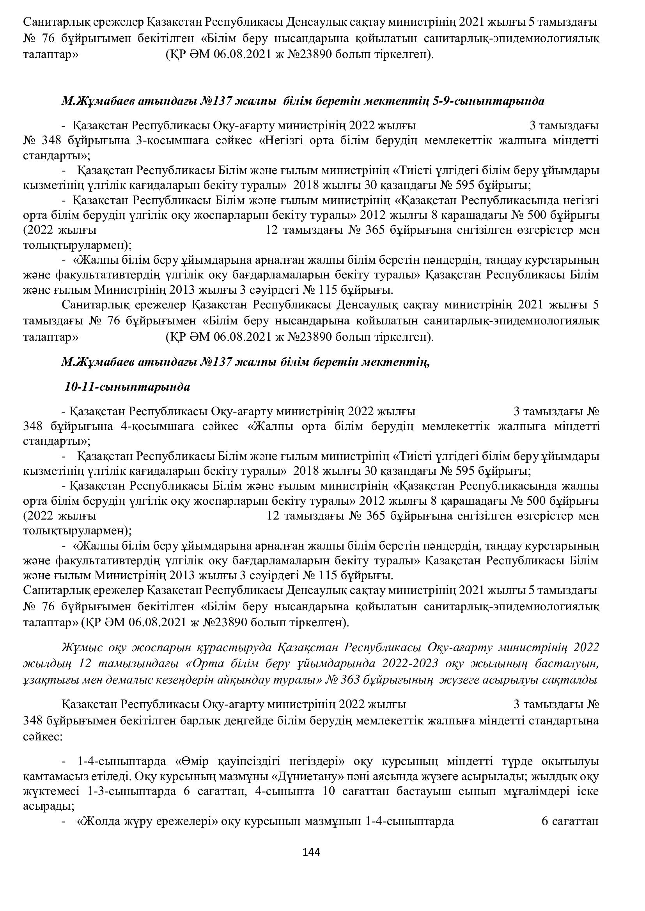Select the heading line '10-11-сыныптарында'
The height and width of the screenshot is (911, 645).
(128, 387)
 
